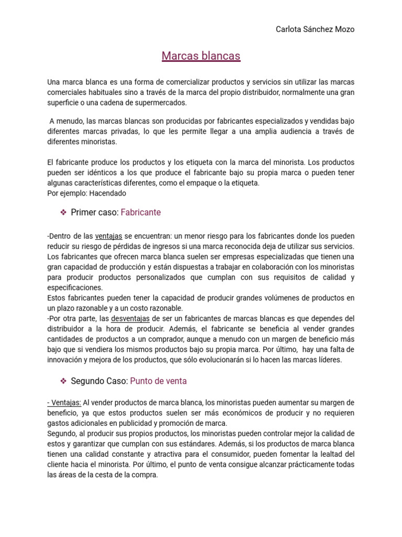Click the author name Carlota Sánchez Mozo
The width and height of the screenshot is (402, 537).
point(315,29)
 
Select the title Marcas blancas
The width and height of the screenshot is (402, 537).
point(201,56)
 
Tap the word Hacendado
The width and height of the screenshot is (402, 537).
point(108,193)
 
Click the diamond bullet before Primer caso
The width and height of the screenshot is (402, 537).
point(63,212)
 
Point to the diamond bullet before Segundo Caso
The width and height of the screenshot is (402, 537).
point(63,381)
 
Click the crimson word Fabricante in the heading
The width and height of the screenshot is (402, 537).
point(141,212)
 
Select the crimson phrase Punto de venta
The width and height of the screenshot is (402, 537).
point(158,381)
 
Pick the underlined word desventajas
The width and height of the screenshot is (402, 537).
point(130,318)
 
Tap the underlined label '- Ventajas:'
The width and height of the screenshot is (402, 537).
point(64,402)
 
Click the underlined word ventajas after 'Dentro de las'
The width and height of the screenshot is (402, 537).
point(108,236)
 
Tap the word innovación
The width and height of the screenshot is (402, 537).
point(66,359)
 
